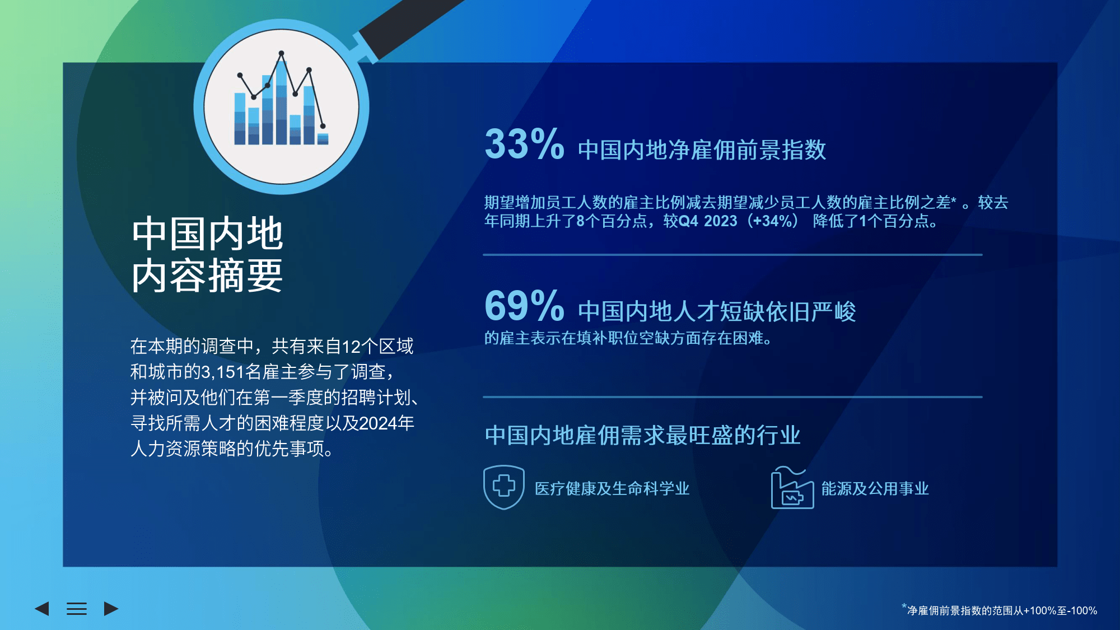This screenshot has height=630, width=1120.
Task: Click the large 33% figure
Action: pyautogui.click(x=524, y=144)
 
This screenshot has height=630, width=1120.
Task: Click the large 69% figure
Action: pyautogui.click(x=524, y=306)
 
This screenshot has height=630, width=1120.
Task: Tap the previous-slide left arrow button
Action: pyautogui.click(x=42, y=609)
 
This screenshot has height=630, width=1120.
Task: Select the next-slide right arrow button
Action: pyautogui.click(x=111, y=609)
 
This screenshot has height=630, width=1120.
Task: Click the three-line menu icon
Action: pyautogui.click(x=77, y=609)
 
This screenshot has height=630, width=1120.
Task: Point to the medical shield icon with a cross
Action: pyautogui.click(x=504, y=487)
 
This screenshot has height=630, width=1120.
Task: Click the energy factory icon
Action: pyautogui.click(x=792, y=488)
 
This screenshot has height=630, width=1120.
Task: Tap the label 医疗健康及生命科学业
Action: pyautogui.click(x=612, y=489)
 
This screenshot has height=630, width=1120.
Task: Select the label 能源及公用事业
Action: pyautogui.click(x=875, y=489)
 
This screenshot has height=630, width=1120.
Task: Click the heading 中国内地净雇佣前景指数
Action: pyautogui.click(x=702, y=150)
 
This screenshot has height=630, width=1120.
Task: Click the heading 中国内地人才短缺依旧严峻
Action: pyautogui.click(x=717, y=312)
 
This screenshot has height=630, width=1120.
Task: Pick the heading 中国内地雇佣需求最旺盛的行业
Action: pyautogui.click(x=643, y=435)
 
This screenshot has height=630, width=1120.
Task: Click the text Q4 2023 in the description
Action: pyautogui.click(x=708, y=221)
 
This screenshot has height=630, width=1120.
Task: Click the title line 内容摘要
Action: pyautogui.click(x=207, y=276)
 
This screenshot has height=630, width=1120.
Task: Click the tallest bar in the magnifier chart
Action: pyautogui.click(x=282, y=101)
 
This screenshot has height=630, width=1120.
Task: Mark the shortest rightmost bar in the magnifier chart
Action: pyautogui.click(x=323, y=139)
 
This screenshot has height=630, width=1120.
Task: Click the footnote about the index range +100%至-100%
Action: pyautogui.click(x=1000, y=610)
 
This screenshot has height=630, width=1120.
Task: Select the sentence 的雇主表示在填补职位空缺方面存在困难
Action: pyautogui.click(x=628, y=338)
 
